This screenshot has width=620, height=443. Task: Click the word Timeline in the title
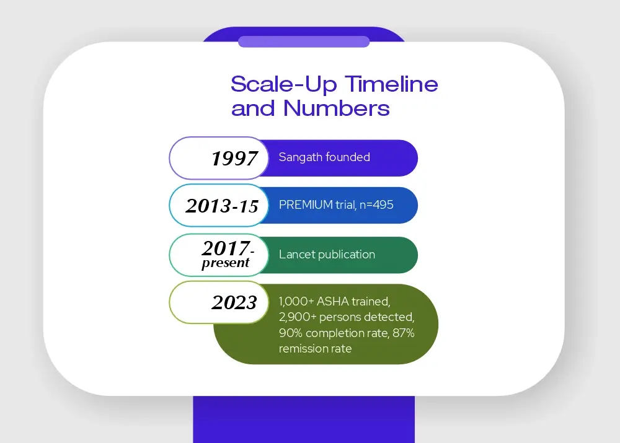tap(391, 84)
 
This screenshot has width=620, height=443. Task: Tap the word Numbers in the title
tap(337, 108)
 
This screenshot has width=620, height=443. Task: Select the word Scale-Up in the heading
tap(284, 84)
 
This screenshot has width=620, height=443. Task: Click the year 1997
tap(234, 159)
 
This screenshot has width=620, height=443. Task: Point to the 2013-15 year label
tap(222, 206)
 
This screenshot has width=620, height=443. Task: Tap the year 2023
tap(234, 303)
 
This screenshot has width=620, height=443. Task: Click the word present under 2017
tap(226, 263)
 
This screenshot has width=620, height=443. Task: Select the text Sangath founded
tap(324, 157)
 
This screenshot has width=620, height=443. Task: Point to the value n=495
tap(376, 204)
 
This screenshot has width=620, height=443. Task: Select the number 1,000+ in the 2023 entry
tap(296, 302)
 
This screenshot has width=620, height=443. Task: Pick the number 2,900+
tap(298, 317)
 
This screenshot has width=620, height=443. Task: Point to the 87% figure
tap(404, 333)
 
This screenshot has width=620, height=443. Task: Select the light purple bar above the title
tap(304, 42)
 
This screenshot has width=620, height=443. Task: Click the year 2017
tap(226, 248)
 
